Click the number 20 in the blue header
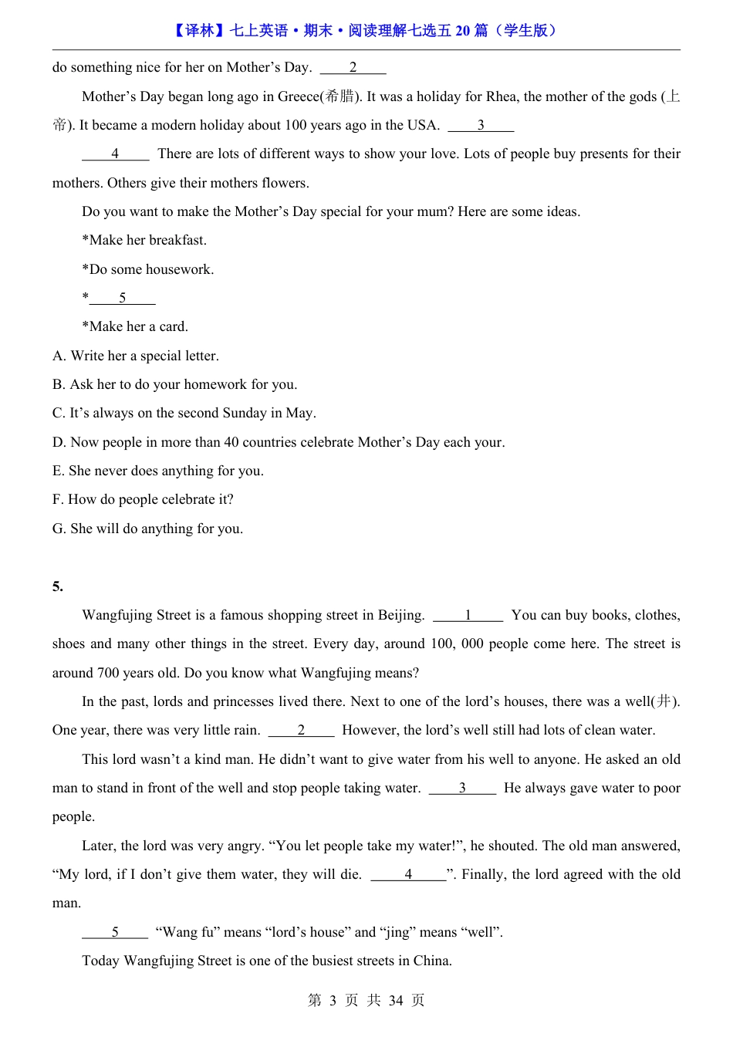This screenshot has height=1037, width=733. point(462,31)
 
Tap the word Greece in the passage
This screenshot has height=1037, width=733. point(299,96)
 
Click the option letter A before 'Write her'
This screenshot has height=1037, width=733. point(59,356)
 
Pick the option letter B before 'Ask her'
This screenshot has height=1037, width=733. point(59,384)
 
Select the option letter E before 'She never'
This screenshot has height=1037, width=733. point(58,471)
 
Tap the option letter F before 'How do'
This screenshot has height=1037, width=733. point(58,499)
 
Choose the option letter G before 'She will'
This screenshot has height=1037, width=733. point(59,529)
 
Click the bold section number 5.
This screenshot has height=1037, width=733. point(57,586)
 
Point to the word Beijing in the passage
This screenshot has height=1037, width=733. point(400,615)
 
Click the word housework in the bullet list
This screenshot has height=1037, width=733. point(183,269)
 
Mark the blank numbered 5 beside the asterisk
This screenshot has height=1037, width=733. point(123,298)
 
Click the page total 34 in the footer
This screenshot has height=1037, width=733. point(396,1001)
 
